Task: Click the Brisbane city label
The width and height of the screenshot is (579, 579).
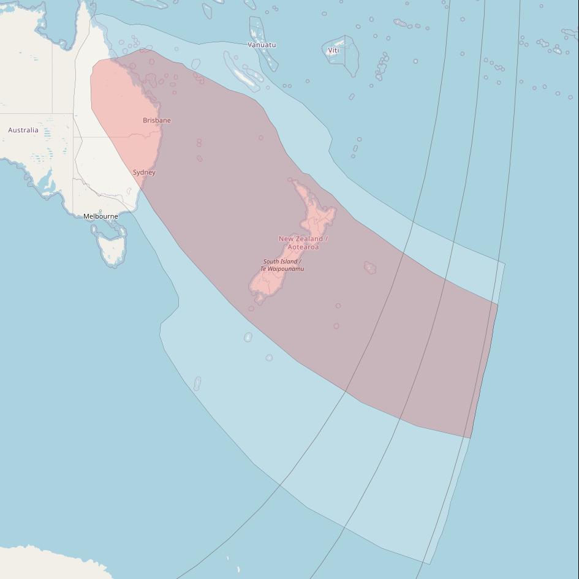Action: coord(157,120)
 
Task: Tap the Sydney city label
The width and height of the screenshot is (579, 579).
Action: coord(144,172)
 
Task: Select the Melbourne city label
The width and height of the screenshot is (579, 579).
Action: coord(100,216)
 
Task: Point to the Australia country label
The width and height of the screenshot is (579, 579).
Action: coord(23,130)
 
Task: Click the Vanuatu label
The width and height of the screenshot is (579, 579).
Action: coord(262,45)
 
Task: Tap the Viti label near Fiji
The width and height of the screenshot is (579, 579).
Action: coord(333,50)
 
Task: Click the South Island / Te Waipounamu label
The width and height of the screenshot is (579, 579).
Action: coord(282,265)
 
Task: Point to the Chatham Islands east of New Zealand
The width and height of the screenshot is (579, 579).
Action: coord(370,268)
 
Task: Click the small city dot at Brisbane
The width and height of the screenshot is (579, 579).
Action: coord(157,126)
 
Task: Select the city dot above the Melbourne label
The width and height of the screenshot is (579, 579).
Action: coord(100,211)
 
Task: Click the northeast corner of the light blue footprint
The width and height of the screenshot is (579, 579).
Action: coord(505,263)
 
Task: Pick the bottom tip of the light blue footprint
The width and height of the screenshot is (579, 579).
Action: coord(429,564)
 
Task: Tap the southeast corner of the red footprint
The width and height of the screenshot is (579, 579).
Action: coord(470,438)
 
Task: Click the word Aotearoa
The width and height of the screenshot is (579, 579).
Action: coord(303,247)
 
